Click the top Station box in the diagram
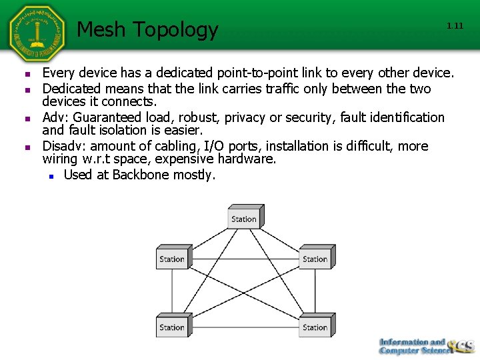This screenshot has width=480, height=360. [245, 218]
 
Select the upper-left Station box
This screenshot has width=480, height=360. [173, 258]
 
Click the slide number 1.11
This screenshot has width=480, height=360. [455, 26]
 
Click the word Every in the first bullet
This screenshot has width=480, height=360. [59, 73]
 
